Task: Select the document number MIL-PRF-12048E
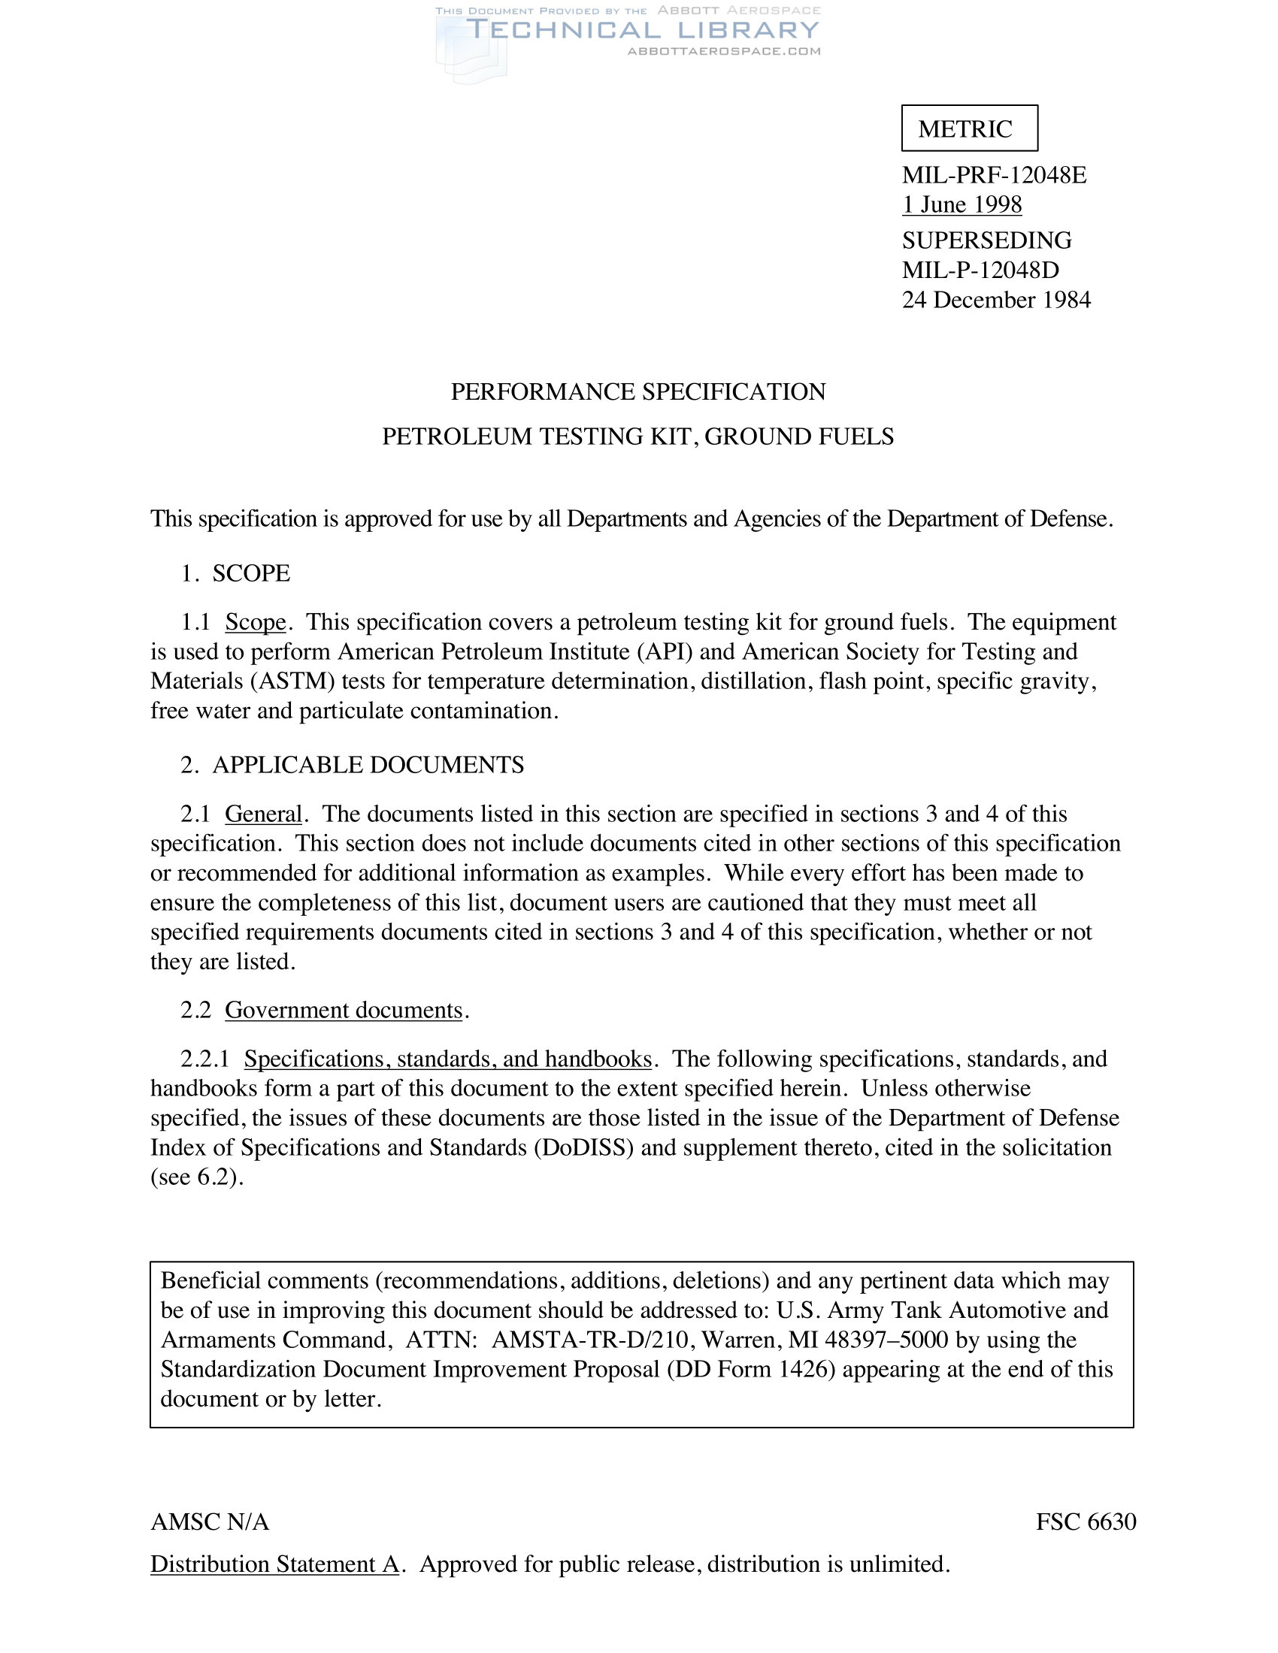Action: (993, 175)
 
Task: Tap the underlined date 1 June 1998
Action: (962, 204)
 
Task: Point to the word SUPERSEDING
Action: (986, 240)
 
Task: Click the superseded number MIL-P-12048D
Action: (980, 270)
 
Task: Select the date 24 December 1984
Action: (995, 300)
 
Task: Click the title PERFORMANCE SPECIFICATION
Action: (638, 391)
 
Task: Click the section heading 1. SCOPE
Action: (235, 573)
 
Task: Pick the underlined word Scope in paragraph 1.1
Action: (256, 622)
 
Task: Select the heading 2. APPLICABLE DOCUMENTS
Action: (352, 764)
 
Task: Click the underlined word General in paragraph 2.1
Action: (263, 814)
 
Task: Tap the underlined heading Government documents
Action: (344, 1010)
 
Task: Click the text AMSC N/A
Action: (210, 1522)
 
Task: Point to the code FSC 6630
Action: (1086, 1522)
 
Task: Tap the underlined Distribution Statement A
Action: (274, 1564)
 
